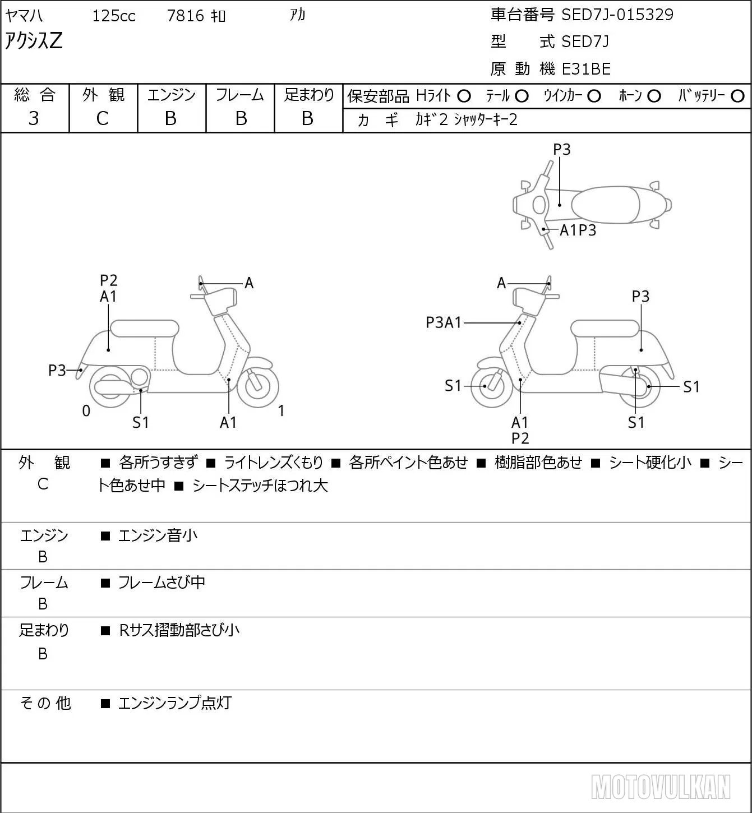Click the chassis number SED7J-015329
(617, 15)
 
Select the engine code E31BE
(586, 69)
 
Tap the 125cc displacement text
(114, 16)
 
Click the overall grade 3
(34, 118)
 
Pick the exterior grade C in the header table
(102, 119)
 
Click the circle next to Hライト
(464, 96)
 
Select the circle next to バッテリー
(737, 96)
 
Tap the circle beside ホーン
(654, 96)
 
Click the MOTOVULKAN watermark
(661, 787)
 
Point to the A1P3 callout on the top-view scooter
(578, 230)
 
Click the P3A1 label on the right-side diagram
(444, 322)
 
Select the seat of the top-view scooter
(605, 205)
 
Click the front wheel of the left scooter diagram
(258, 386)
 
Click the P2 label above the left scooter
(109, 280)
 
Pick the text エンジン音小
(158, 535)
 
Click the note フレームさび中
(162, 582)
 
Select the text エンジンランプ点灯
(175, 703)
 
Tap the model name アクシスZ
(34, 41)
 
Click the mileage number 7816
(186, 16)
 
